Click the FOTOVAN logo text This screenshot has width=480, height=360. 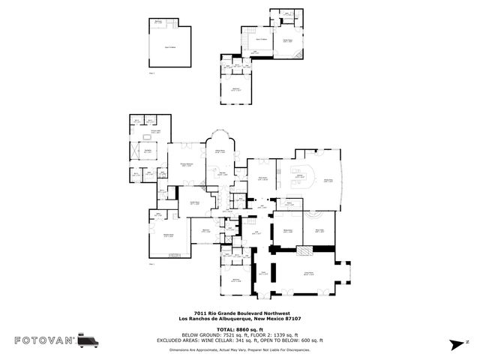tap(45, 340)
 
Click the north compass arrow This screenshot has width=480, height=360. tap(454, 342)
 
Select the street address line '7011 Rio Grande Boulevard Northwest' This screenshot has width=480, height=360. tap(239, 314)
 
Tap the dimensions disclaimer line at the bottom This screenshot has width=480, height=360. tap(239, 349)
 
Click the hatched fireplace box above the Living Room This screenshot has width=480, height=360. tap(307, 251)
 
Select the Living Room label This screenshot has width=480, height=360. tap(308, 273)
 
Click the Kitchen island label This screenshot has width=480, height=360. tap(299, 178)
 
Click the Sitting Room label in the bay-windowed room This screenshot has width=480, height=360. tap(221, 152)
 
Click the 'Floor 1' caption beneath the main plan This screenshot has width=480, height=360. tap(151, 264)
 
